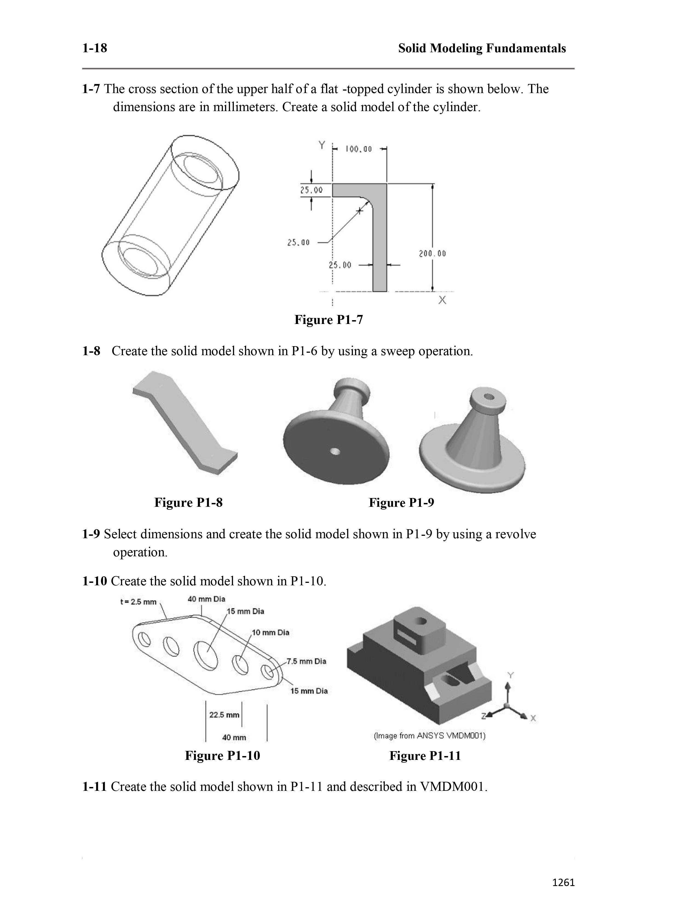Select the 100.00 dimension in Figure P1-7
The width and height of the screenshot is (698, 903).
pyautogui.click(x=359, y=149)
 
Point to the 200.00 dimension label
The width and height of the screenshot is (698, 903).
pyautogui.click(x=432, y=253)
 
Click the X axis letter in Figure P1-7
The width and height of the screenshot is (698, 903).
pyautogui.click(x=442, y=300)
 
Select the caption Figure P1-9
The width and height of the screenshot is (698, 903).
pyautogui.click(x=401, y=502)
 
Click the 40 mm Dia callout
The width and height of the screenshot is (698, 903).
pyautogui.click(x=206, y=599)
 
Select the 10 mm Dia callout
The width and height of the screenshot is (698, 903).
pyautogui.click(x=270, y=632)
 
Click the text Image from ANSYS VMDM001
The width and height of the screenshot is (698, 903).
pyautogui.click(x=429, y=736)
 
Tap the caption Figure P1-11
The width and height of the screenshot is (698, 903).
pyautogui.click(x=425, y=756)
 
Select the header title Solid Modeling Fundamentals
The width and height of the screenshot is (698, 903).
pyautogui.click(x=482, y=48)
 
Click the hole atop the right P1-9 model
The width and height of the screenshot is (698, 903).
pyautogui.click(x=489, y=397)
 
